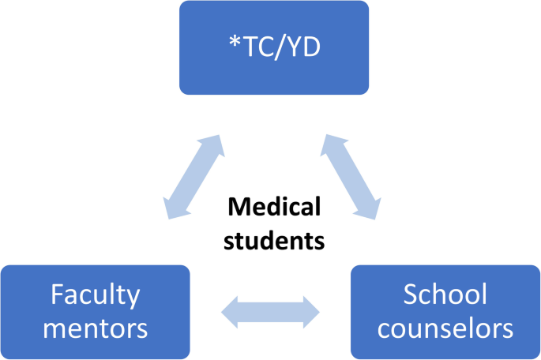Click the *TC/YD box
[273, 47]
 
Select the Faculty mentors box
[95, 312]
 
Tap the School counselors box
[445, 312]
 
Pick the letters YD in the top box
[305, 48]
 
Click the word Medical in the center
[274, 208]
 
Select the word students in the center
[274, 240]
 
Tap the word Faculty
[95, 295]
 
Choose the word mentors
[95, 328]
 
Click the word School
[445, 295]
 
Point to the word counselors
[445, 328]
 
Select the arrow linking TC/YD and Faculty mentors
[193, 177]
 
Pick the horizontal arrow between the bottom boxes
[270, 312]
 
